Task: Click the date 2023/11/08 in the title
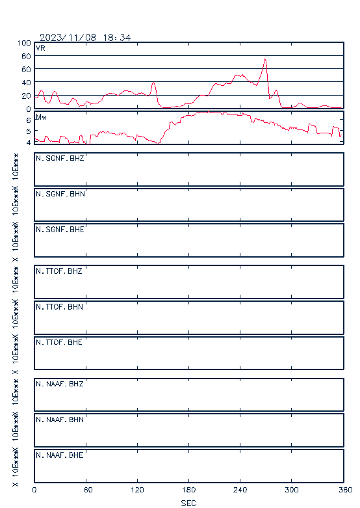pos(68,38)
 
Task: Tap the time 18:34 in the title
pos(117,38)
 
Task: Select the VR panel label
pos(40,48)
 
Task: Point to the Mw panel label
pos(41,117)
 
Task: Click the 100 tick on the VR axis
pos(24,43)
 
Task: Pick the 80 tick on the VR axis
pos(26,56)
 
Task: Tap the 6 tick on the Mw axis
pos(29,120)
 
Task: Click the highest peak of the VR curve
pos(265,59)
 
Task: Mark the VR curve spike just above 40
pos(153,83)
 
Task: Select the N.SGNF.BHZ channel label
pos(60,158)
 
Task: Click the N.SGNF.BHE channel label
pos(60,230)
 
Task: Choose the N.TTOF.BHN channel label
pos(59,306)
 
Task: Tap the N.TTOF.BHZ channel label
pos(59,271)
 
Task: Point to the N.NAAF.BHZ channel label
pos(60,384)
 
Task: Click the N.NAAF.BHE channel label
pos(60,455)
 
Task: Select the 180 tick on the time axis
pos(188,490)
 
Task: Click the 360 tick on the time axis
pos(346,490)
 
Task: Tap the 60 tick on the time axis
pos(88,490)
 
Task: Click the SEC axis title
pos(188,503)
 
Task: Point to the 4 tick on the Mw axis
pos(29,142)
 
